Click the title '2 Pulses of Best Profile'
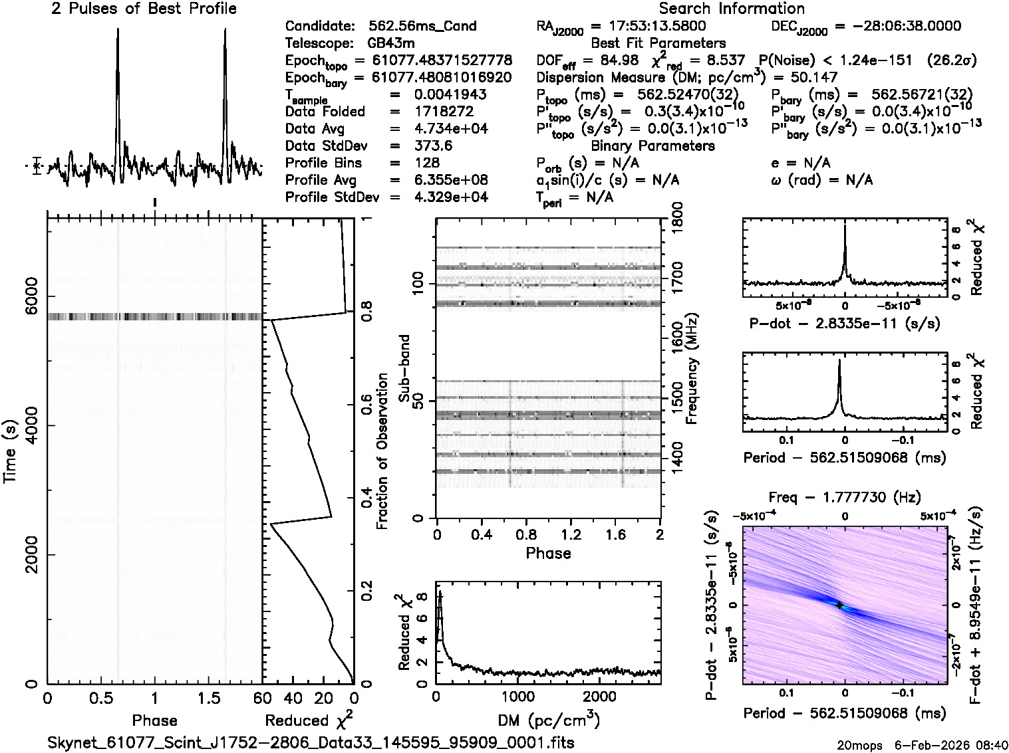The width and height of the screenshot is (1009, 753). click(x=144, y=9)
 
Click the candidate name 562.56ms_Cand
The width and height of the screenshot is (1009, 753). click(x=422, y=27)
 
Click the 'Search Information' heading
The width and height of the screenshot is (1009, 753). click(x=732, y=9)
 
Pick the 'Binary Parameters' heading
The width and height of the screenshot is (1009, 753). click(x=652, y=146)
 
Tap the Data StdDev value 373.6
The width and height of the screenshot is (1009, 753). click(x=434, y=146)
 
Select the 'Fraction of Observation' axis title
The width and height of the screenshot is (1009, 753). click(x=382, y=451)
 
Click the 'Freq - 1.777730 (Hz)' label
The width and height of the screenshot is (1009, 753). click(x=845, y=497)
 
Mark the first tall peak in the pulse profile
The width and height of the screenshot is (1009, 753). click(x=118, y=31)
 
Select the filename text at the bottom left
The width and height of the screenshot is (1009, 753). click(x=311, y=742)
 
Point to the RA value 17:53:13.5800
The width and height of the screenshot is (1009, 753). click(x=649, y=27)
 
